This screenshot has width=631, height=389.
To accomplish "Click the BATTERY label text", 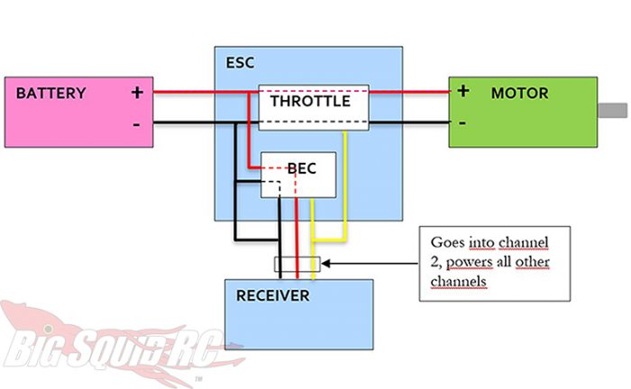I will [51, 93].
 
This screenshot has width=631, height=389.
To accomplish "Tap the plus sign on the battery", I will [137, 92].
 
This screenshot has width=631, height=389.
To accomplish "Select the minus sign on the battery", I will [136, 123].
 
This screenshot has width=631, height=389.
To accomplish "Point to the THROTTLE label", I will [310, 102].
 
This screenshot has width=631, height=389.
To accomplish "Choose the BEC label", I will [299, 168].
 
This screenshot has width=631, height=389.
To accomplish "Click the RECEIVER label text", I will [273, 295].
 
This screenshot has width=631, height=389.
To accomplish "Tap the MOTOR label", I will [519, 93].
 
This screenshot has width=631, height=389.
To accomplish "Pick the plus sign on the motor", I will [463, 90].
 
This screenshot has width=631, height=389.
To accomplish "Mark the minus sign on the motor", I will [462, 122].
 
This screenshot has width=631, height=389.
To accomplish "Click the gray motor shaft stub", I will [613, 111].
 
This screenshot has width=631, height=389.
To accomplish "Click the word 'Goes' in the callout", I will [449, 243].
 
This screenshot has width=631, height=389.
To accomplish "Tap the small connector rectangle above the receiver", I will [296, 266].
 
